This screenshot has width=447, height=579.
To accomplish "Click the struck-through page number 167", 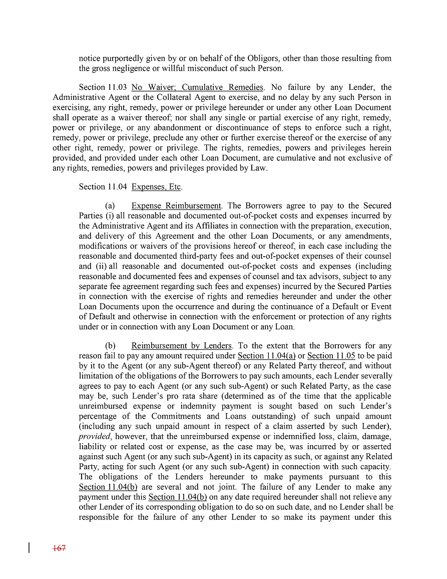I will coord(59,548).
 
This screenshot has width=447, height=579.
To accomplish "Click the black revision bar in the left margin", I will coord(30,547).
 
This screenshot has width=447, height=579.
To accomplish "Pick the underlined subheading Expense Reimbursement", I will coord(176,206).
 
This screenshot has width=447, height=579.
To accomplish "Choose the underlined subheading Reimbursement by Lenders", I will coord(182,346).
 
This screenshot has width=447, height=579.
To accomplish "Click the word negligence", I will coord(131,68).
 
